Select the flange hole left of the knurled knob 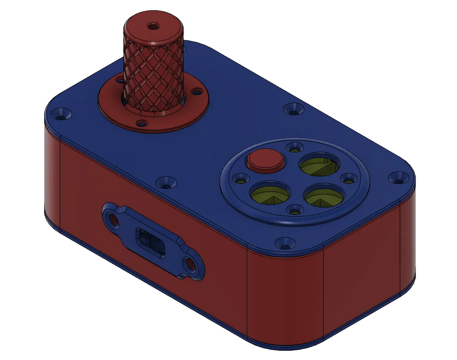(x=119, y=81)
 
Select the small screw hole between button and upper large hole (x=294, y=146)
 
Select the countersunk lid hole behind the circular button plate (x=293, y=108)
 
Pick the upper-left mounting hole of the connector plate (x=112, y=218)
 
